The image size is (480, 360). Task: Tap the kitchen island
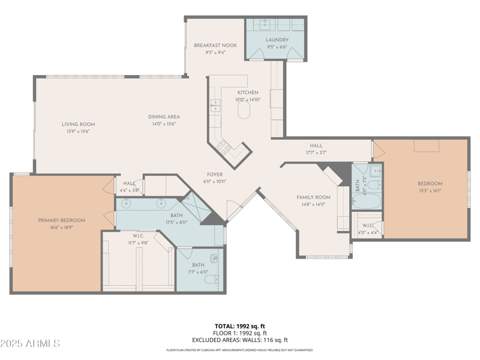(244, 110)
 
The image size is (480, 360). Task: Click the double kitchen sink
(215, 106)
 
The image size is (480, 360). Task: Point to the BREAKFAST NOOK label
(215, 46)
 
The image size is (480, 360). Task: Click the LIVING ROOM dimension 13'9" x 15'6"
(79, 131)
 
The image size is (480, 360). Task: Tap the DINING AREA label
(164, 117)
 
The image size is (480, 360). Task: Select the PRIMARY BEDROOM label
(61, 220)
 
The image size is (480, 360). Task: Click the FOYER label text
(215, 175)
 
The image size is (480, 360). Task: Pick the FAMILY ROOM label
(313, 197)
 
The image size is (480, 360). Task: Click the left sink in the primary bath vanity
(127, 203)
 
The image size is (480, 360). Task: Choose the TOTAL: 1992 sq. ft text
(240, 326)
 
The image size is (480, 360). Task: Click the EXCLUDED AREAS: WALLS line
(240, 340)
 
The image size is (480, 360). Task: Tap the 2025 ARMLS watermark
(30, 344)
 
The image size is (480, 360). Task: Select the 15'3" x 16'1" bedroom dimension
(430, 190)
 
